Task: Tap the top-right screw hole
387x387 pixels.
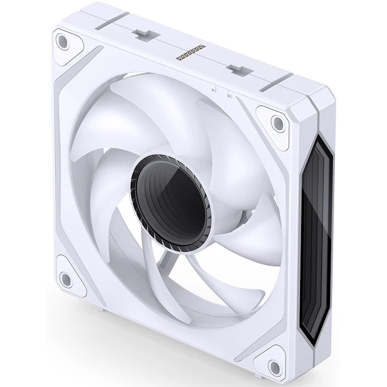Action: click(277, 122)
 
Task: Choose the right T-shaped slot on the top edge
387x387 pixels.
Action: click(234, 68)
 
